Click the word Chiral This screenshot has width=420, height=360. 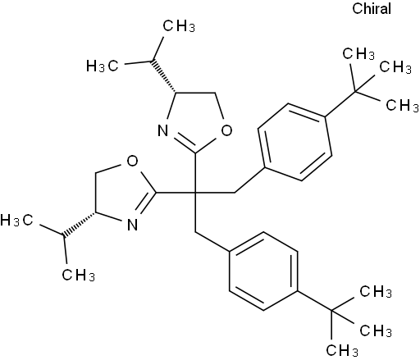372,8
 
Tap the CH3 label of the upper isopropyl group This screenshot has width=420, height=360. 179,26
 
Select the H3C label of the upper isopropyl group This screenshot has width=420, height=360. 103,66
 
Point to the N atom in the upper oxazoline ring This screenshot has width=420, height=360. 163,130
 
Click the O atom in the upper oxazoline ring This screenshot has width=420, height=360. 226,130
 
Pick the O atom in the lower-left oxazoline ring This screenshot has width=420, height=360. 133,161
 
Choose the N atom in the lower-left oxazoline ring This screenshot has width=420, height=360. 133,225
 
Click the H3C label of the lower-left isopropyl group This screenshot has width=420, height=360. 16,220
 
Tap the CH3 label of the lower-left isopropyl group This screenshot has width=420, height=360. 78,275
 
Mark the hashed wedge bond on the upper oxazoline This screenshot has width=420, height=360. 164,76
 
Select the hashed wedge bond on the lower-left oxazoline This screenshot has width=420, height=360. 79,224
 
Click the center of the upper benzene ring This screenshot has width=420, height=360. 294,142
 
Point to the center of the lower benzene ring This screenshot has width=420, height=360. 263,271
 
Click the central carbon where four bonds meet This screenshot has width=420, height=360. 195,193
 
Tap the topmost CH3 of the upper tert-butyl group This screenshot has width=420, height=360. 358,54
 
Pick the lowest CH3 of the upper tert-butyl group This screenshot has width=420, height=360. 402,106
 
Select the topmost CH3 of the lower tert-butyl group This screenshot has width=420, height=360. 376,291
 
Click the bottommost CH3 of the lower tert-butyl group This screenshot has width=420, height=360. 342,350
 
